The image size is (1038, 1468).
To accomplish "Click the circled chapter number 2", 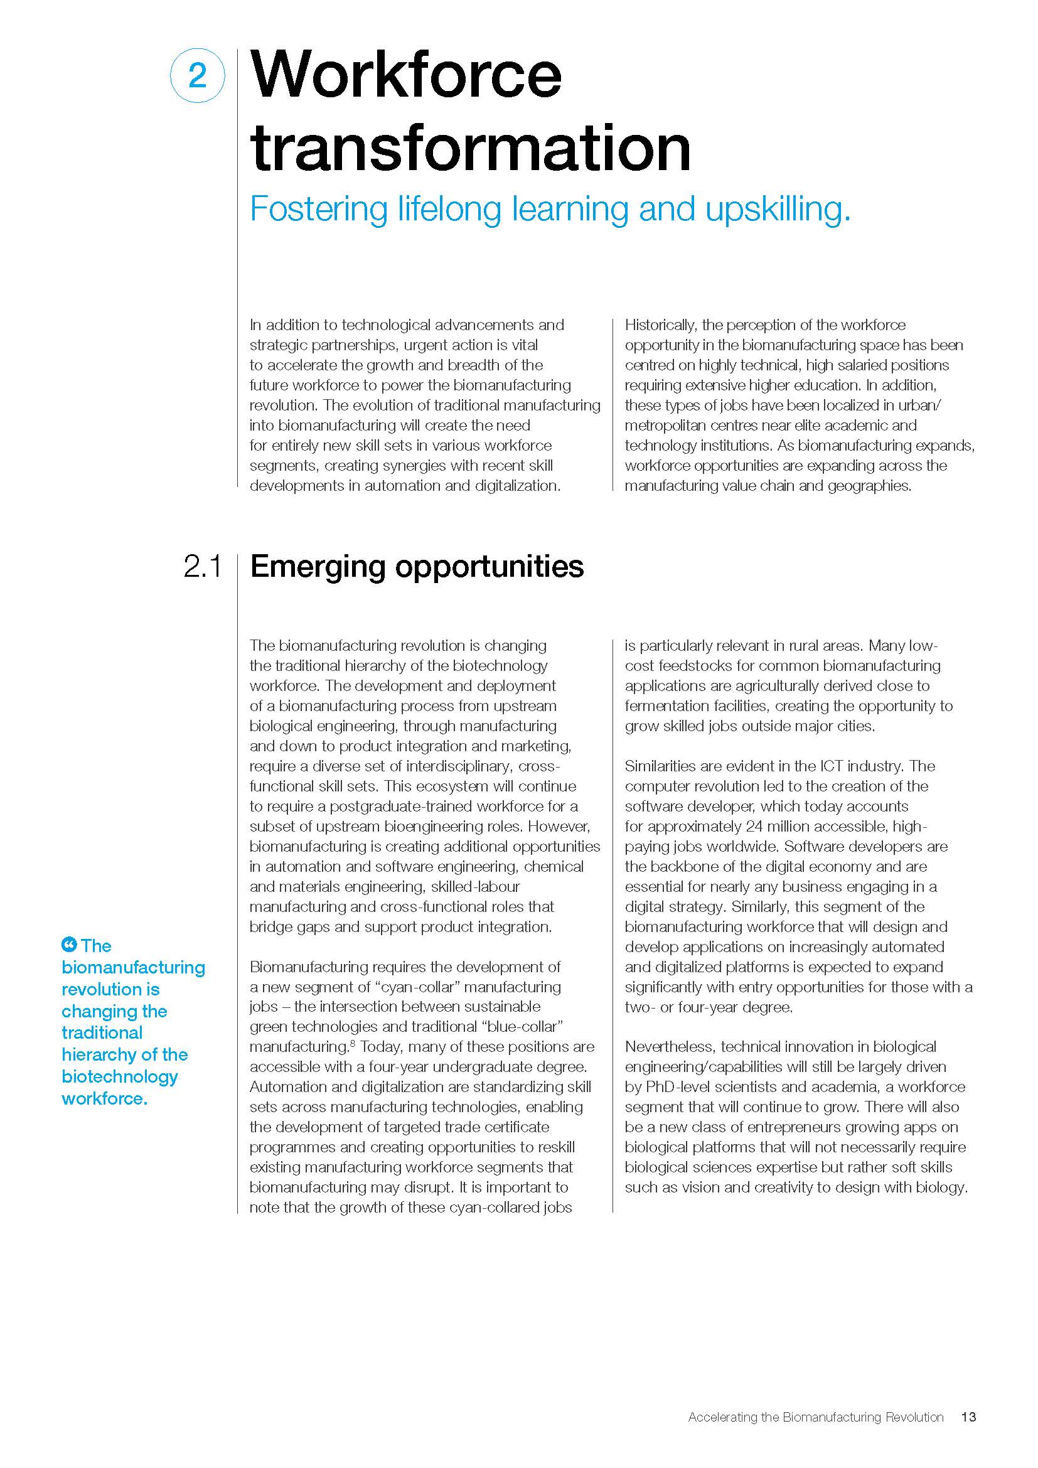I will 198,76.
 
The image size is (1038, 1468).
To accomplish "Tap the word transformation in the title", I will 471,147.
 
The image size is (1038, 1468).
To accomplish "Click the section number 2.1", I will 202,567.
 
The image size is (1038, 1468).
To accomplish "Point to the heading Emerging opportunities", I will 417,567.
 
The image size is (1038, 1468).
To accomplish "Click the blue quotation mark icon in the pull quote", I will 68,944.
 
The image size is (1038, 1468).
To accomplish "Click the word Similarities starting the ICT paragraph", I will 663,766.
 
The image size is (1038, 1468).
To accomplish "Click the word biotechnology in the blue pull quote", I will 119,1076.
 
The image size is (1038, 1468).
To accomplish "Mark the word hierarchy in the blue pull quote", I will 94,1054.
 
